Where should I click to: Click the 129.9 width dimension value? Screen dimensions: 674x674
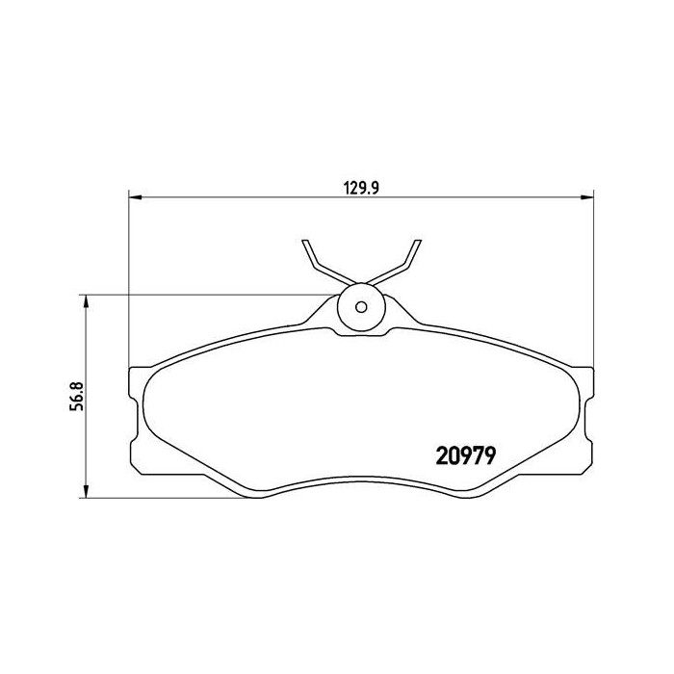361,189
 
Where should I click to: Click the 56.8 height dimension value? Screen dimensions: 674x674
76,397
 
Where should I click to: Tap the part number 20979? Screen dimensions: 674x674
466,455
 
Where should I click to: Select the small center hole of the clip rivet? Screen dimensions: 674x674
361,307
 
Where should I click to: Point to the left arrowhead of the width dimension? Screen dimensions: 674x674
136,197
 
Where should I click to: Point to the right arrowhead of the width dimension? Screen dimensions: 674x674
587,197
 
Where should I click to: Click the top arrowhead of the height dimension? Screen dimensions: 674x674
86,301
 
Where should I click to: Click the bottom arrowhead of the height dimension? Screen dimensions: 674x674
86,491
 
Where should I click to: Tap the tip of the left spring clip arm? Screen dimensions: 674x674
305,241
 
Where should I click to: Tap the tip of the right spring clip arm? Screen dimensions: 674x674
418,241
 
